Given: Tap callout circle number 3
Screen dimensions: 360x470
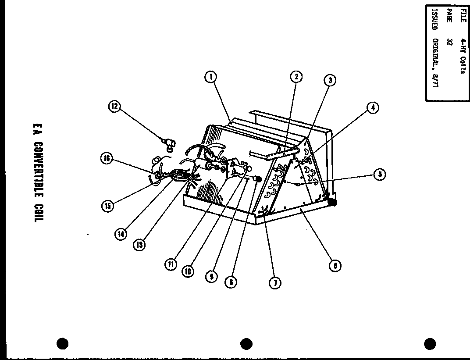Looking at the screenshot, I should coord(330,80).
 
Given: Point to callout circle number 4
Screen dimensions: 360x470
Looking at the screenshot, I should coord(373,107).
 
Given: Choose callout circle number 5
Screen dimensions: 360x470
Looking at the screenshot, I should coord(380,174).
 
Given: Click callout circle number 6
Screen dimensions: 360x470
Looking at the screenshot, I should coord(335,266).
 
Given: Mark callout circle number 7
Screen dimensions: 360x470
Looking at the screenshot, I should coord(274,283).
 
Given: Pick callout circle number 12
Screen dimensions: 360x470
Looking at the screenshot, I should coord(115,106).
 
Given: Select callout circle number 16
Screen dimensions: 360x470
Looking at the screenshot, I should coord(107,159).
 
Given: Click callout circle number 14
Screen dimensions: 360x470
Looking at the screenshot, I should coord(121,234).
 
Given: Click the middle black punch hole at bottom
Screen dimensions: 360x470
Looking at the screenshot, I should coord(246,343).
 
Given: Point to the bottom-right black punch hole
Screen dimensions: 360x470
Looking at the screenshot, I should coord(430,343).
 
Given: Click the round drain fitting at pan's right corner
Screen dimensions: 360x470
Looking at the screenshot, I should coord(332,202).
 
